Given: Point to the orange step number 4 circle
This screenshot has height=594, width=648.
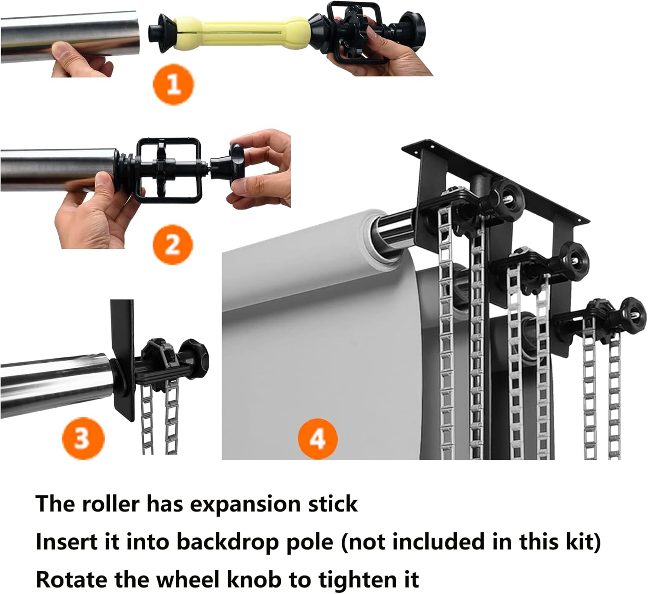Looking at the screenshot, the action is tap(318, 439).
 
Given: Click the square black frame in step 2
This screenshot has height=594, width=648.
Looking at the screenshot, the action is tap(169, 170).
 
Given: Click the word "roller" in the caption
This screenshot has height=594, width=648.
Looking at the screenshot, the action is tap(111, 504).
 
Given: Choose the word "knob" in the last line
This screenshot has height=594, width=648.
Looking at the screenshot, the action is tap(255, 579).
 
